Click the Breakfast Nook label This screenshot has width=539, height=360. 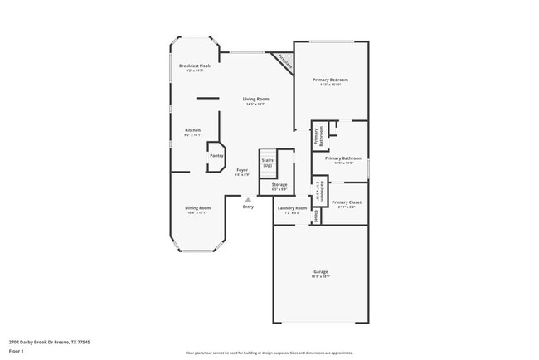[x=195, y=66]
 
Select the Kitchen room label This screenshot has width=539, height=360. [x=192, y=130]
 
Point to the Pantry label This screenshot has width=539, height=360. [x=216, y=155]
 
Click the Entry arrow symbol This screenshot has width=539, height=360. [x=248, y=199]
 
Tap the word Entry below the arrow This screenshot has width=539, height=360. [x=248, y=207]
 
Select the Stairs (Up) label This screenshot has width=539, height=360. [x=267, y=163]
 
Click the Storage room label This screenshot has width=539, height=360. [x=279, y=185]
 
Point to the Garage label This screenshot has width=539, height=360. [x=320, y=272]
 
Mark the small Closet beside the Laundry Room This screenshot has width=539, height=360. [x=316, y=216]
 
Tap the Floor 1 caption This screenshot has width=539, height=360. [x=17, y=351]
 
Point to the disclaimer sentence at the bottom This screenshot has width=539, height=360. [x=269, y=352]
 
